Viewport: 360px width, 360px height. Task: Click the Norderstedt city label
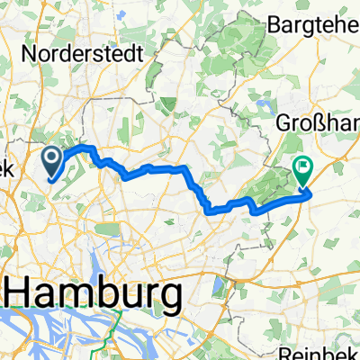80,53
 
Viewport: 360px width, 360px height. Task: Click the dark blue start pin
53,162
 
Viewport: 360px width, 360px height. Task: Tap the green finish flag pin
301,166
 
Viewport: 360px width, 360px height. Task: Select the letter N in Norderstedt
28,53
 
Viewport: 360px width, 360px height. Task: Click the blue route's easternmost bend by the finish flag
310,191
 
